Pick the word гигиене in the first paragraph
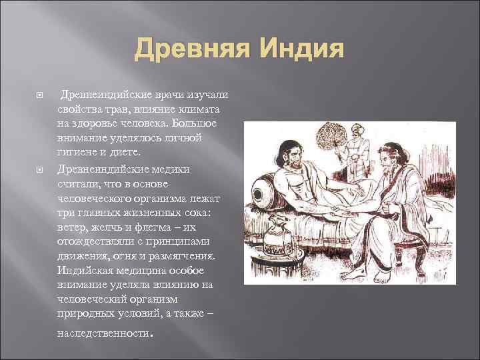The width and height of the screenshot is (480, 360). click(79, 152)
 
